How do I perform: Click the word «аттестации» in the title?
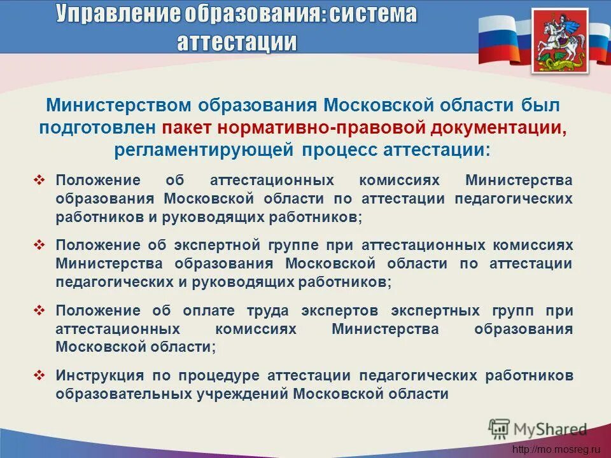(236, 41)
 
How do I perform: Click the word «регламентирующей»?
(204, 150)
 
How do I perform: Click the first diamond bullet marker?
(39, 180)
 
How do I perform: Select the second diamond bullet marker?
(39, 245)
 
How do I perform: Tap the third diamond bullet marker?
(39, 310)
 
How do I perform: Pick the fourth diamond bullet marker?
(39, 375)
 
